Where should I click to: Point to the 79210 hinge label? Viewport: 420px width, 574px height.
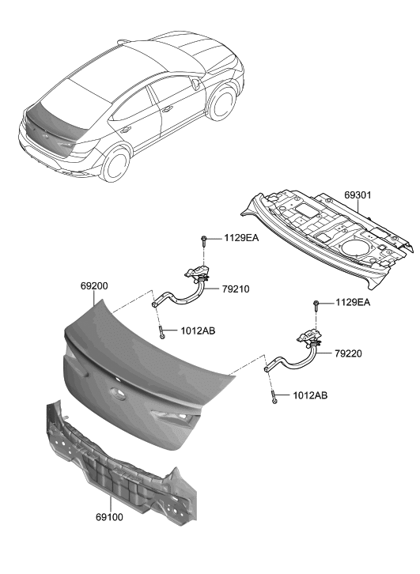tap(236, 289)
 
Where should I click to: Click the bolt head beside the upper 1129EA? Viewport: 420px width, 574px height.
tap(204, 239)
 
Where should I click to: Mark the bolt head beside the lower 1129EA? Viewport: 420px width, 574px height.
tap(317, 304)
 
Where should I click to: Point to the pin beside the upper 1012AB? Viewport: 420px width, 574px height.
tap(161, 333)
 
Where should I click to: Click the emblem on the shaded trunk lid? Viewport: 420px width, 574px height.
tap(116, 393)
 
